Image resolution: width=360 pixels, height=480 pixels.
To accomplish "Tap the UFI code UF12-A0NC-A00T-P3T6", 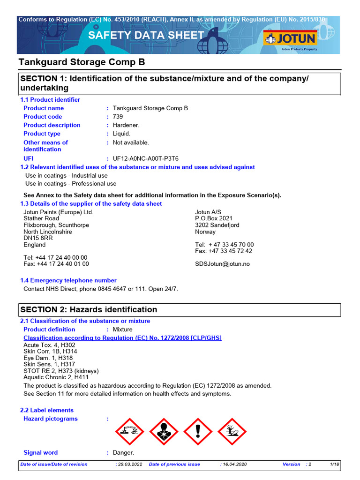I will (x=146, y=159).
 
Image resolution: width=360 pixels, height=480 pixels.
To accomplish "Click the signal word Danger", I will (x=123, y=453).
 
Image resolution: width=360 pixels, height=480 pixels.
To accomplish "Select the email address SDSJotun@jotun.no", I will (x=222, y=264).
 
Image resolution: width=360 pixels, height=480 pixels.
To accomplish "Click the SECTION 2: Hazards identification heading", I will (x=88, y=309).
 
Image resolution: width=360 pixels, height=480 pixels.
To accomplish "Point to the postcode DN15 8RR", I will (x=38, y=238).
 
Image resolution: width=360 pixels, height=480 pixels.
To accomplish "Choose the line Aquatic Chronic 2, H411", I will (x=56, y=377).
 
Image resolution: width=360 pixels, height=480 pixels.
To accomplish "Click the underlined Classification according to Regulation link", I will (x=122, y=338).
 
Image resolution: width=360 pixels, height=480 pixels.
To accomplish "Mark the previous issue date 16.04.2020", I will (x=233, y=465).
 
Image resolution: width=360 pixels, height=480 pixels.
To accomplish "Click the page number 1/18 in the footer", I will (x=334, y=465).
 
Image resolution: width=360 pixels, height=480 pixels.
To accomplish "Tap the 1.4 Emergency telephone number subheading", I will (x=68, y=280).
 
